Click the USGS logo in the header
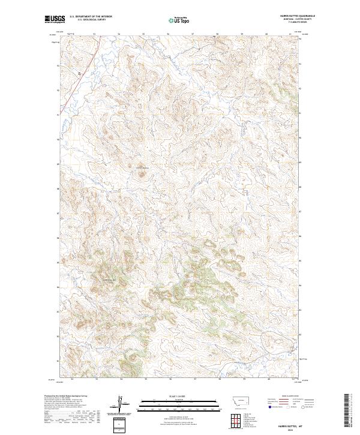(x=55, y=19)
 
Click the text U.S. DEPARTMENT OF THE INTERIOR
(x=91, y=16)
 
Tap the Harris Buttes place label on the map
(x=142, y=167)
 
